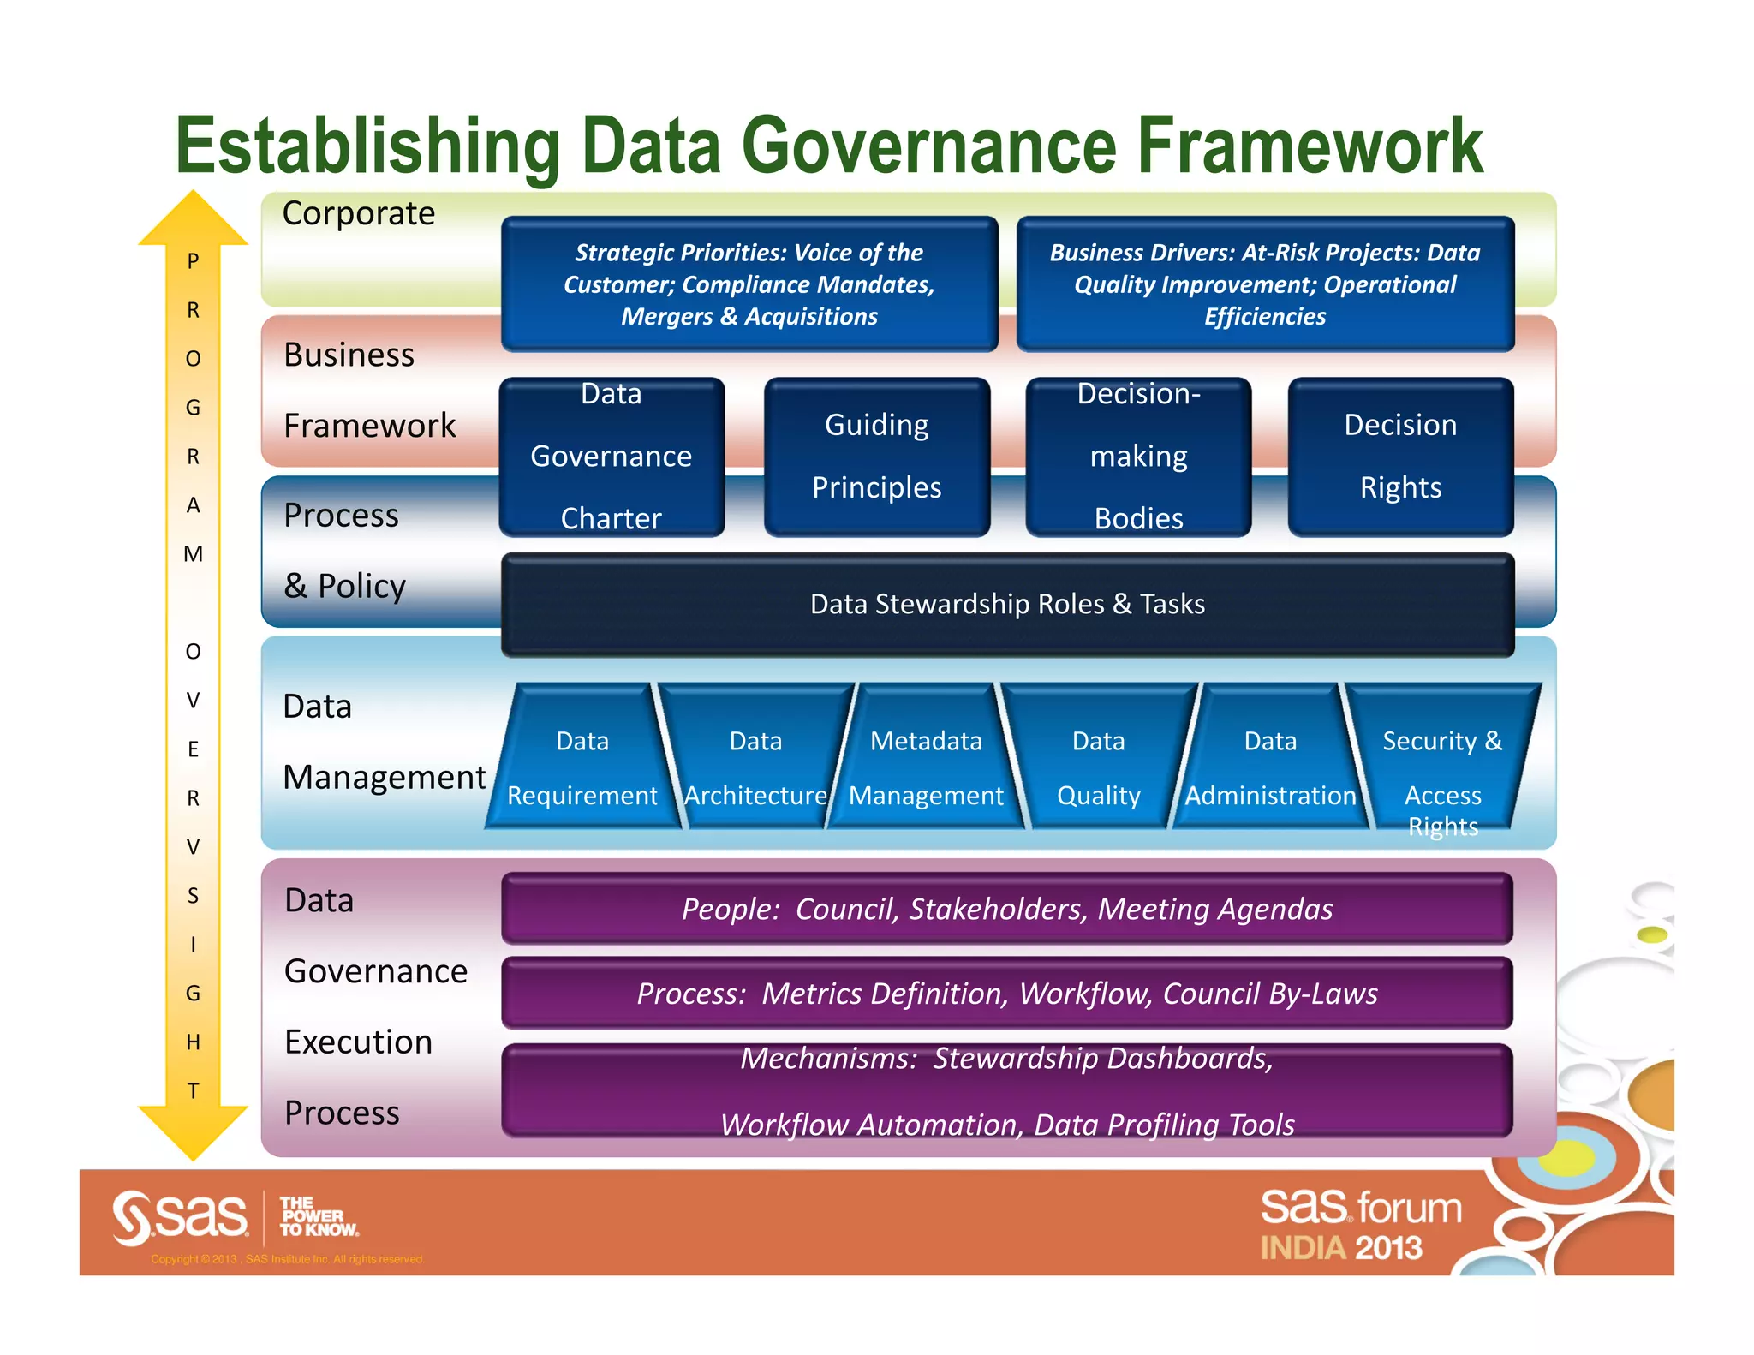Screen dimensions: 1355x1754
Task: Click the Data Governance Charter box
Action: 612,457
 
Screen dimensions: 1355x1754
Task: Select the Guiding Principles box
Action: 876,457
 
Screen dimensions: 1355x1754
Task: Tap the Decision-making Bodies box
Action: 1138,457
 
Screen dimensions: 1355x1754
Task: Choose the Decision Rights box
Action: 1400,457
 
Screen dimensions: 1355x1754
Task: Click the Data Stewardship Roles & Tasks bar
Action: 1007,605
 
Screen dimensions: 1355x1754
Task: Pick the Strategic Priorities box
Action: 749,284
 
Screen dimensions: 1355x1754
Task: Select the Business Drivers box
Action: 1265,284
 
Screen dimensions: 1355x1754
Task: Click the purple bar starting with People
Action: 1007,909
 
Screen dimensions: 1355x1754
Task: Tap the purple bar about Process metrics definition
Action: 1007,994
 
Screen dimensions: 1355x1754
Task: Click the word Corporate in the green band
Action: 359,213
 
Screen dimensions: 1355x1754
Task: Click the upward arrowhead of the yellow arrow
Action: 194,218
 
